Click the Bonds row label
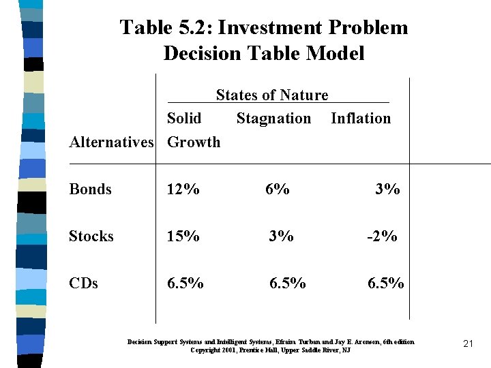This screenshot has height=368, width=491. pyautogui.click(x=90, y=189)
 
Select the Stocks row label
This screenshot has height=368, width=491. pyautogui.click(x=91, y=236)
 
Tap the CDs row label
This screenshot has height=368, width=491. pyautogui.click(x=83, y=283)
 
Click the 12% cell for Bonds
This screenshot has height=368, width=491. pyautogui.click(x=183, y=189)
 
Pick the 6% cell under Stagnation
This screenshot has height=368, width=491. pyautogui.click(x=278, y=189)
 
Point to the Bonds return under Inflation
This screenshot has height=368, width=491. pyautogui.click(x=387, y=189)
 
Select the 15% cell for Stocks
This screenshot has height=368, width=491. pyautogui.click(x=183, y=236)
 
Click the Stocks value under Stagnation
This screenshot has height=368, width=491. pyautogui.click(x=281, y=236)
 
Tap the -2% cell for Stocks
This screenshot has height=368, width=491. pyautogui.click(x=382, y=236)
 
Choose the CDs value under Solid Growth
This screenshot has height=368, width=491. pyautogui.click(x=185, y=283)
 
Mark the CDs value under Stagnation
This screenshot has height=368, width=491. pyautogui.click(x=288, y=283)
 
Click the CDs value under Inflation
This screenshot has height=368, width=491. pyautogui.click(x=386, y=283)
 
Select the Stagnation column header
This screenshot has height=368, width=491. pyautogui.click(x=273, y=119)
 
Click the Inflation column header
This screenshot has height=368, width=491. pyautogui.click(x=361, y=119)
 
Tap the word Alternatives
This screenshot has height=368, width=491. pyautogui.click(x=112, y=142)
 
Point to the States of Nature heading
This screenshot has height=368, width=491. pyautogui.click(x=272, y=95)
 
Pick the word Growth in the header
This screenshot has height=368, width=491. pyautogui.click(x=194, y=142)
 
